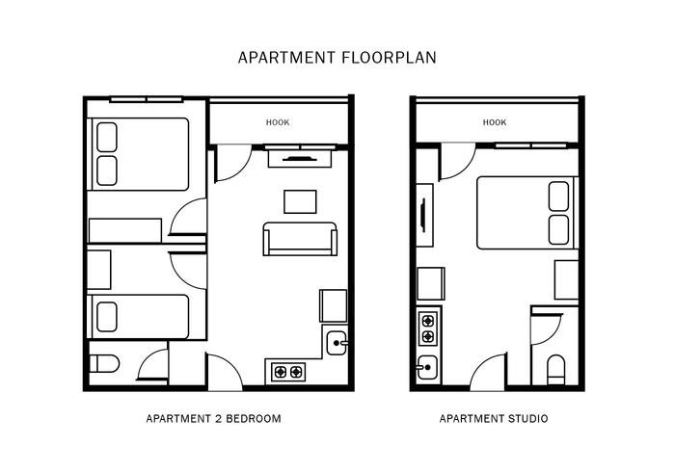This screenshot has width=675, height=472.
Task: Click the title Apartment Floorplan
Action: tap(337, 58)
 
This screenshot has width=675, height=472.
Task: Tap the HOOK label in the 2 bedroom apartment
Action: tap(278, 122)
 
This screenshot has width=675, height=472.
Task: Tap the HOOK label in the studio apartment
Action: tap(495, 122)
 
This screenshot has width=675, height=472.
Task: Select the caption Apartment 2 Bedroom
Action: tap(213, 418)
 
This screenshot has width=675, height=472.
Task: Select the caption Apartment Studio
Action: tap(494, 418)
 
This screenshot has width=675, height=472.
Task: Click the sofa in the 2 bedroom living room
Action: tap(300, 239)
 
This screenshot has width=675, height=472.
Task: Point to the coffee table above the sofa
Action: tap(300, 201)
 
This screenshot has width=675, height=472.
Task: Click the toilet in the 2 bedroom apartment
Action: tap(104, 364)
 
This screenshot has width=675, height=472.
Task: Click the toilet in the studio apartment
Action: tap(555, 370)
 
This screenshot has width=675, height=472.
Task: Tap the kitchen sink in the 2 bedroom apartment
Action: tap(337, 343)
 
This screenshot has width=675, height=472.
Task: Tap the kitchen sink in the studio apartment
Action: tap(427, 367)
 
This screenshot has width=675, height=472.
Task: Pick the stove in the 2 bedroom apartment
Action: tap(288, 372)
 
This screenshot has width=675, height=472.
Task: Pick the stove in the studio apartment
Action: tap(428, 328)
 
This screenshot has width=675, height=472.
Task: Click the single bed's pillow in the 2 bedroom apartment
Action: tap(107, 317)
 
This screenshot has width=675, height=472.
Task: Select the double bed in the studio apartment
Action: tap(527, 213)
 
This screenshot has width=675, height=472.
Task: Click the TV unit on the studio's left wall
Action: tap(424, 215)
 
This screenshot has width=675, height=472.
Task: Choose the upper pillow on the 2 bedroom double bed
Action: tap(107, 137)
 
